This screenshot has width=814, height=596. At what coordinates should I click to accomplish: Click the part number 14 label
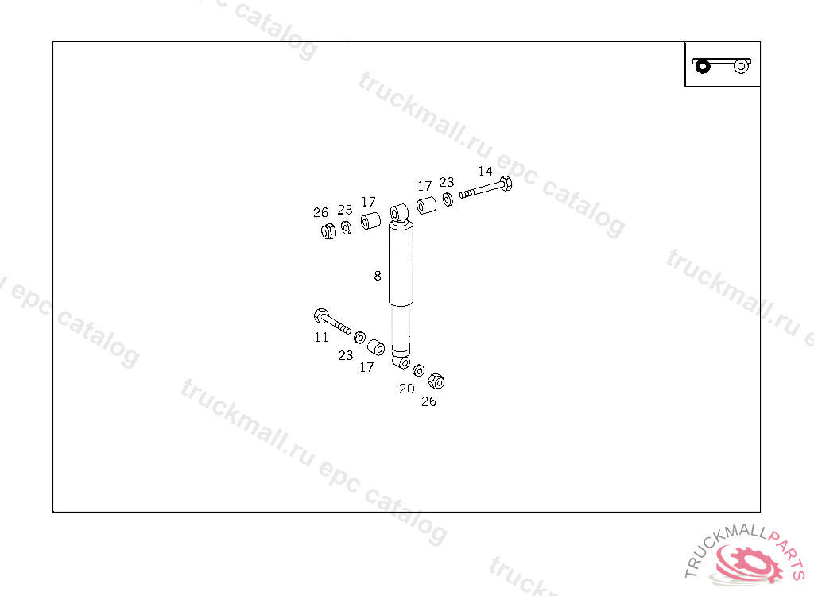[485, 171]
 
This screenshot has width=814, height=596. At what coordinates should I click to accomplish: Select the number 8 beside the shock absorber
[378, 276]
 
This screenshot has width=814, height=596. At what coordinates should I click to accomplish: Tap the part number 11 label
[321, 337]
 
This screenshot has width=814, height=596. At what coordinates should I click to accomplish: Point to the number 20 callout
[406, 389]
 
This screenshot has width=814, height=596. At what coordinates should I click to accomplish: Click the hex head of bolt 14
[505, 184]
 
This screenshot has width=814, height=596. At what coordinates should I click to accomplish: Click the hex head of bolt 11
[320, 315]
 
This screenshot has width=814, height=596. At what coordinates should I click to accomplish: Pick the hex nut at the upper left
[328, 231]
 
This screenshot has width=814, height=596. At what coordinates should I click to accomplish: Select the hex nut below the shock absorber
[435, 381]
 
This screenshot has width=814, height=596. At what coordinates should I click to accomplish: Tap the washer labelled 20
[419, 371]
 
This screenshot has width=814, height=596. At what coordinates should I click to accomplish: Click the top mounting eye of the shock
[398, 214]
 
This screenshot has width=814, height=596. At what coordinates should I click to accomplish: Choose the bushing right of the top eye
[426, 206]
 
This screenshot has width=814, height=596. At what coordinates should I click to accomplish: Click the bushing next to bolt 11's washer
[376, 347]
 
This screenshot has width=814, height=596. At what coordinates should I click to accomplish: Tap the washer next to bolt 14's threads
[448, 198]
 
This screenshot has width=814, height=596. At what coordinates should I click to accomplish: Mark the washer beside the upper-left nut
[347, 228]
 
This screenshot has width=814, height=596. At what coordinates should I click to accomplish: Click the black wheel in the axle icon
[702, 66]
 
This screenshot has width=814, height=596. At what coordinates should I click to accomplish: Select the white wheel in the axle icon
[741, 66]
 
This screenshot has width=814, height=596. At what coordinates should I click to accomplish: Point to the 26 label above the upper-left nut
[320, 212]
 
